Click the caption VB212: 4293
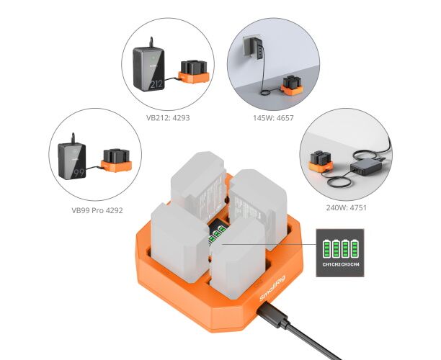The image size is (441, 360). [x=168, y=118]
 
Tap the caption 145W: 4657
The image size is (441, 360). [x=273, y=118]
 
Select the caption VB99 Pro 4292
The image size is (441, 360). [x=97, y=210]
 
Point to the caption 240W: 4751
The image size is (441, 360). [x=346, y=207]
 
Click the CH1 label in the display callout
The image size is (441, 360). [x=327, y=264]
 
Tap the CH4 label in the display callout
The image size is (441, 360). [x=355, y=264]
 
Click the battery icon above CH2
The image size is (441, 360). [x=336, y=248]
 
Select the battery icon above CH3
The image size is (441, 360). [x=345, y=248]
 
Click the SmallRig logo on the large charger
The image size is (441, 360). [x=272, y=288]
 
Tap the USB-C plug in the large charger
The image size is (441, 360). [x=272, y=315]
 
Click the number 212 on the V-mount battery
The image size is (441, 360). [x=156, y=84]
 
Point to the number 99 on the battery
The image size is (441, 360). [x=79, y=173]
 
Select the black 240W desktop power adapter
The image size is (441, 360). [x=365, y=166]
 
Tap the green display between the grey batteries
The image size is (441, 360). [x=217, y=234]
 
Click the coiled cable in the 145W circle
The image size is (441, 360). [x=266, y=92]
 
